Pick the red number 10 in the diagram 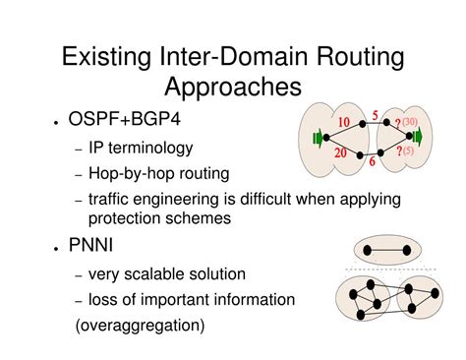pos(343,122)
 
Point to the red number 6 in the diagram pos(372,161)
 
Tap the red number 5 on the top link pos(375,115)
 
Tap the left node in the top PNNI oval pos(367,251)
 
